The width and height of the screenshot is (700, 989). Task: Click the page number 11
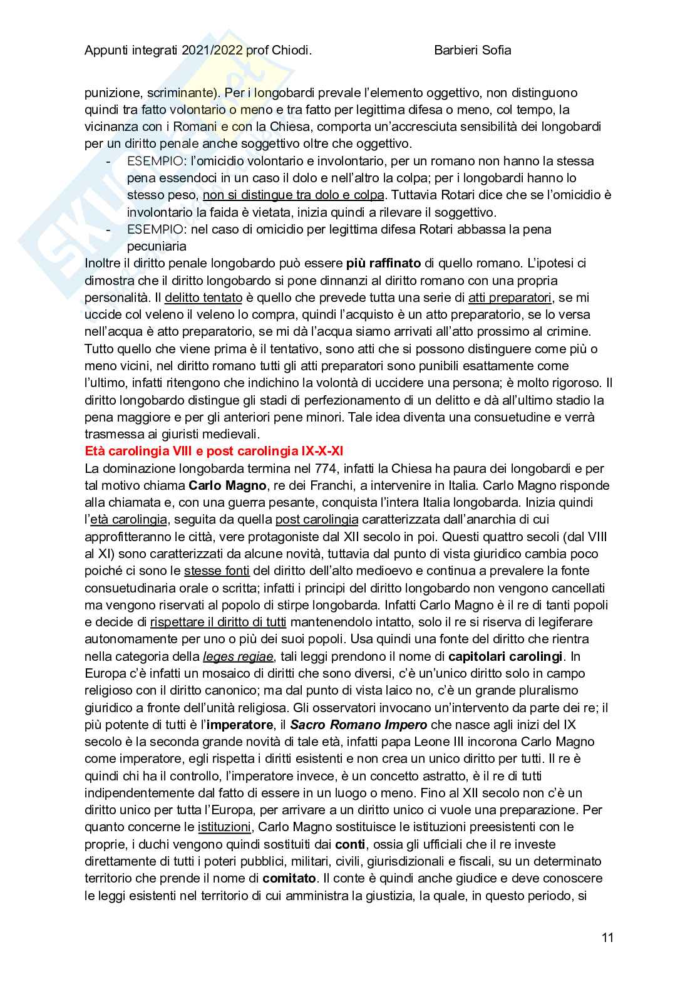[607, 938]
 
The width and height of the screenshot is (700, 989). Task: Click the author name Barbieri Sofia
[472, 50]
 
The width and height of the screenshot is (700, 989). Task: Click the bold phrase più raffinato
[383, 263]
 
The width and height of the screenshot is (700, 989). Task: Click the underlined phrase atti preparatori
[510, 298]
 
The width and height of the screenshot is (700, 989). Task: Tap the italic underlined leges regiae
[238, 656]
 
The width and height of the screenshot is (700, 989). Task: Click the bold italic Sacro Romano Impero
[359, 725]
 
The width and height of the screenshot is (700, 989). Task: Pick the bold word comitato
[289, 878]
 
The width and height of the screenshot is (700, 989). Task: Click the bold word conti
[350, 844]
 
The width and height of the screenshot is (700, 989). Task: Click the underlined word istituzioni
[225, 827]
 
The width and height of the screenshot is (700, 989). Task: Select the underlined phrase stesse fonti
[217, 571]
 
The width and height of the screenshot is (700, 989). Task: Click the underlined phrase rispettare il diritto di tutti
[218, 622]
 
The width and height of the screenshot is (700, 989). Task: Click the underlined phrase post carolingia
[317, 519]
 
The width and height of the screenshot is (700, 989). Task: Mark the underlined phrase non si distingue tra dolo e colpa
[293, 195]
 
